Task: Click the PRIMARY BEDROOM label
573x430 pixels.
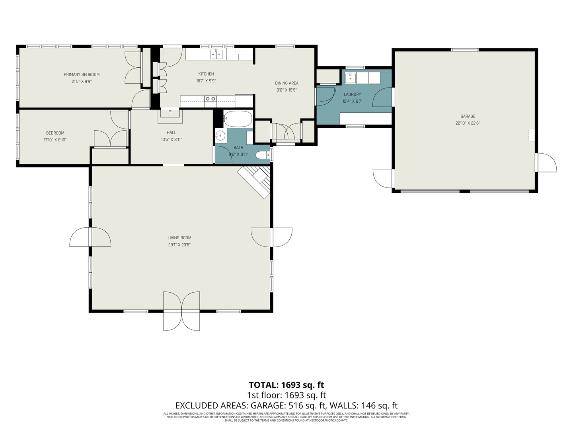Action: [82, 74]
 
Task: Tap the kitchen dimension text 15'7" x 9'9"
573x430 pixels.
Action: [206, 81]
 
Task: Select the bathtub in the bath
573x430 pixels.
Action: [238, 119]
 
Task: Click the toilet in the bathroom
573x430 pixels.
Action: [262, 155]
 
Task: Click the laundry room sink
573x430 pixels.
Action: [350, 77]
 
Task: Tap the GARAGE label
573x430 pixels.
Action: [468, 116]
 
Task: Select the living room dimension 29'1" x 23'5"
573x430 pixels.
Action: [179, 245]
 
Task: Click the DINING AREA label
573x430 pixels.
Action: [286, 83]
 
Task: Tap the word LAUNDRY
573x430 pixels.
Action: [352, 94]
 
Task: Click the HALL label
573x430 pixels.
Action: [172, 133]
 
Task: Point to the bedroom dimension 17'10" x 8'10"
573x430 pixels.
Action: [55, 140]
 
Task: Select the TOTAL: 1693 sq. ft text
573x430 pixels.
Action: [286, 385]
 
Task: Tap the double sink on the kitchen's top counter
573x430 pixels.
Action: [216, 54]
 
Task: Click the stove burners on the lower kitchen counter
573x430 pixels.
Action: [210, 98]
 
